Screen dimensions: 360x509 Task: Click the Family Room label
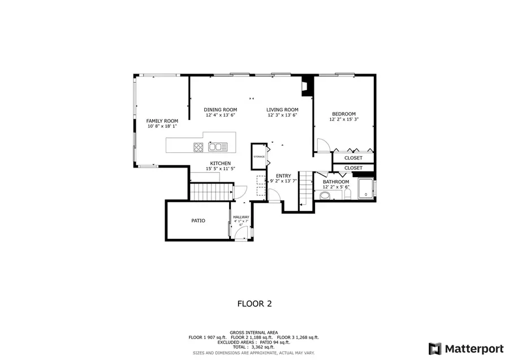pyautogui.click(x=162, y=121)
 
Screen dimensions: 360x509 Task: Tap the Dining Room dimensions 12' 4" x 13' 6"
pyautogui.click(x=220, y=115)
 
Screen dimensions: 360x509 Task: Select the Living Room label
pyautogui.click(x=282, y=110)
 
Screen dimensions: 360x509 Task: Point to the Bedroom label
pyautogui.click(x=344, y=114)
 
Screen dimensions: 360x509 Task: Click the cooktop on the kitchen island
pyautogui.click(x=199, y=147)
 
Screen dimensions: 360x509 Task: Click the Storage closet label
pyautogui.click(x=259, y=156)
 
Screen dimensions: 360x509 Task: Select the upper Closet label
pyautogui.click(x=353, y=158)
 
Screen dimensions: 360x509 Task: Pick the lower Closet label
pyautogui.click(x=353, y=168)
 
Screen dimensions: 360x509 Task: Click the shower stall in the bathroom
pyautogui.click(x=366, y=189)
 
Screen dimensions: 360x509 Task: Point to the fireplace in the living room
pyautogui.click(x=307, y=85)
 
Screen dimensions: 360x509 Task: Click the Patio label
pyautogui.click(x=198, y=220)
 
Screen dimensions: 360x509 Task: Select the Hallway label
pyautogui.click(x=241, y=217)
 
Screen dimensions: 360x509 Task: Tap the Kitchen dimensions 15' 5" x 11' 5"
pyautogui.click(x=220, y=169)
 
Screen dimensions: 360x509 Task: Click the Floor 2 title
pyautogui.click(x=254, y=303)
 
